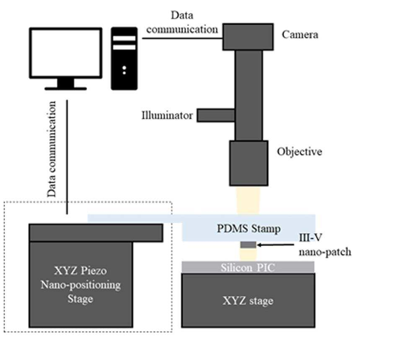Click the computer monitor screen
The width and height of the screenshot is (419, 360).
[x=65, y=53]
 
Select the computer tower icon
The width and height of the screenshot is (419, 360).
[x=124, y=59]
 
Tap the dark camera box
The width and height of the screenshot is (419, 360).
[x=248, y=37]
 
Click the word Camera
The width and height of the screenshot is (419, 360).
[x=300, y=35]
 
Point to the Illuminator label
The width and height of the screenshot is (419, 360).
[x=167, y=115]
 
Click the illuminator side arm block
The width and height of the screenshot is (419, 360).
[x=216, y=115]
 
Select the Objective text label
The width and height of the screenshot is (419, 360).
[x=299, y=152]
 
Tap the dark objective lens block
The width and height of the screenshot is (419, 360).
[x=249, y=163]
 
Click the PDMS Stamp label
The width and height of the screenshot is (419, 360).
[x=248, y=228]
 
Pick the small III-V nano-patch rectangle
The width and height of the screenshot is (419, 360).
[x=248, y=245]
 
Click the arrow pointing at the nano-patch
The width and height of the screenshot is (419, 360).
[x=276, y=245]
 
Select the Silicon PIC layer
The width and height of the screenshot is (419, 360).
[x=248, y=267]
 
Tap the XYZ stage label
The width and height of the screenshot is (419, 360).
[x=248, y=301]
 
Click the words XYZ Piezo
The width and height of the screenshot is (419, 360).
[x=80, y=271]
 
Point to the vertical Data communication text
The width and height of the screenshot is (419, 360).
[x=51, y=149]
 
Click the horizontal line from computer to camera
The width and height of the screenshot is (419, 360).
[x=182, y=38]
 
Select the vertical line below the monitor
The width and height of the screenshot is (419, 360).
[x=67, y=157]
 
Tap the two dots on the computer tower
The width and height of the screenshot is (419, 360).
[x=124, y=70]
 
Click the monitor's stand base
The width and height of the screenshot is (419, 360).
[x=65, y=88]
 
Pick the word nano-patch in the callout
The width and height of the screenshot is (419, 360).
[x=325, y=252]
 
